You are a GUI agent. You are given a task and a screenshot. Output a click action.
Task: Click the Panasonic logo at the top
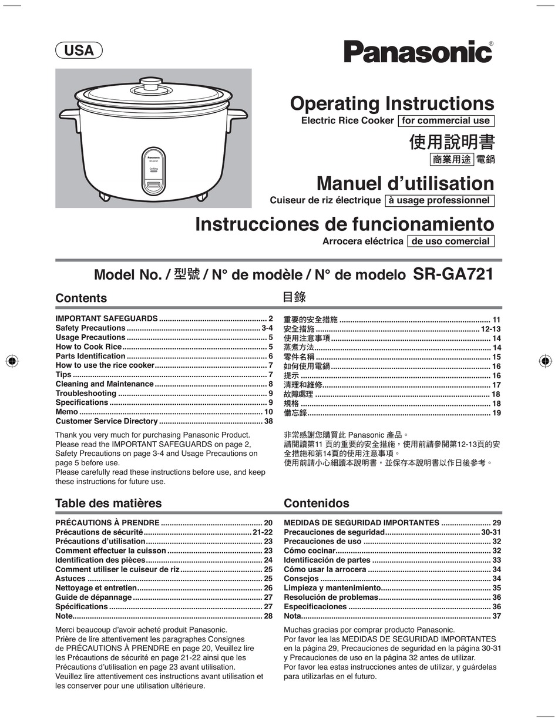click(x=418, y=52)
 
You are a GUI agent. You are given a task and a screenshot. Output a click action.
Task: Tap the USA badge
click(x=79, y=51)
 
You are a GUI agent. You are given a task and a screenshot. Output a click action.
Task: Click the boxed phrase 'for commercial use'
click(x=445, y=120)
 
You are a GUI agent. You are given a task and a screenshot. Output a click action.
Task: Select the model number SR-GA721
click(x=453, y=274)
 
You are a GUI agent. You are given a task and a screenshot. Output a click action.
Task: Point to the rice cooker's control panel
click(x=153, y=171)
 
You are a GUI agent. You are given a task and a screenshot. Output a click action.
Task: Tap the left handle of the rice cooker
click(x=69, y=115)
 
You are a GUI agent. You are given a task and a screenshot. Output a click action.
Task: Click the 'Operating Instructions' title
click(x=392, y=103)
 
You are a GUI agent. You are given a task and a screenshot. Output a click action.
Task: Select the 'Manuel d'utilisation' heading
click(x=405, y=183)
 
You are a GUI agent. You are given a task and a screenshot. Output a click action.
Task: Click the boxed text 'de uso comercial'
click(x=451, y=241)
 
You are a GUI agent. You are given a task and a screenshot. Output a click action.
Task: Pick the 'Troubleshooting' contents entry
click(x=86, y=393)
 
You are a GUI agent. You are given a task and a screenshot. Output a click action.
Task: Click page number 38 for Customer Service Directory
click(x=268, y=421)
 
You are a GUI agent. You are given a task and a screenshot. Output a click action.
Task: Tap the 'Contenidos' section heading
click(x=316, y=503)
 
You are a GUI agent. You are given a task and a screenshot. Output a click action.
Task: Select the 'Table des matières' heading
click(x=108, y=503)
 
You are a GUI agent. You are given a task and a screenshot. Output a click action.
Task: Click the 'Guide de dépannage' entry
click(x=93, y=597)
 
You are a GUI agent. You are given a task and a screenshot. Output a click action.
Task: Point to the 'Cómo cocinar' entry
click(x=310, y=550)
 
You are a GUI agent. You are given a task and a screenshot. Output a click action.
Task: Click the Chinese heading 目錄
click(x=294, y=297)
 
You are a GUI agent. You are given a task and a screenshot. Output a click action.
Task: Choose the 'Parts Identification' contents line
click(x=90, y=356)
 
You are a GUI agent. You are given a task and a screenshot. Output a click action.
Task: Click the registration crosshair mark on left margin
click(x=12, y=361)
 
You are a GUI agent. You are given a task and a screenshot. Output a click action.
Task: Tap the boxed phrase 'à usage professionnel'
click(x=439, y=200)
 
